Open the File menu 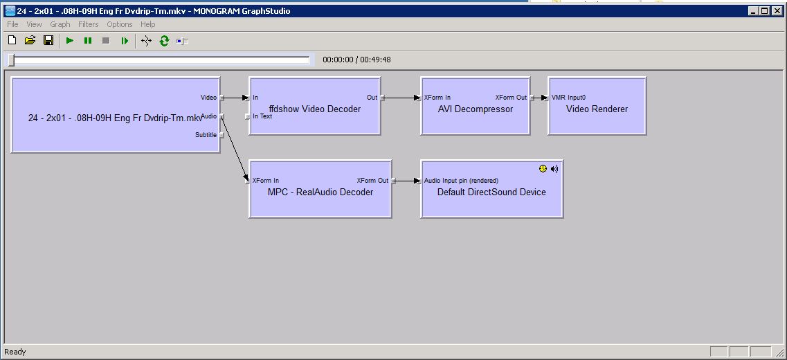pyautogui.click(x=12, y=24)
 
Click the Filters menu pyautogui.click(x=89, y=24)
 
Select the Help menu pyautogui.click(x=147, y=24)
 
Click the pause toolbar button pyautogui.click(x=88, y=41)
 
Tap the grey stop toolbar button pyautogui.click(x=106, y=41)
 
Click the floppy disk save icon pyautogui.click(x=48, y=41)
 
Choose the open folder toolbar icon pyautogui.click(x=30, y=41)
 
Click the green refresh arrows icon pyautogui.click(x=164, y=41)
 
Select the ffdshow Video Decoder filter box pyautogui.click(x=315, y=106)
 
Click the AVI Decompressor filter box pyautogui.click(x=476, y=106)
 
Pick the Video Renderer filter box pyautogui.click(x=597, y=106)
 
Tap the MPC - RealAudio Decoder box pyautogui.click(x=320, y=189)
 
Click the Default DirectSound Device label pyautogui.click(x=491, y=192)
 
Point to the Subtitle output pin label pyautogui.click(x=206, y=134)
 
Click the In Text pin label pyautogui.click(x=262, y=116)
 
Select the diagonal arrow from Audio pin pyautogui.click(x=235, y=149)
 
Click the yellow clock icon pyautogui.click(x=543, y=169)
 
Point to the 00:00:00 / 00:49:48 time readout pyautogui.click(x=356, y=60)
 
